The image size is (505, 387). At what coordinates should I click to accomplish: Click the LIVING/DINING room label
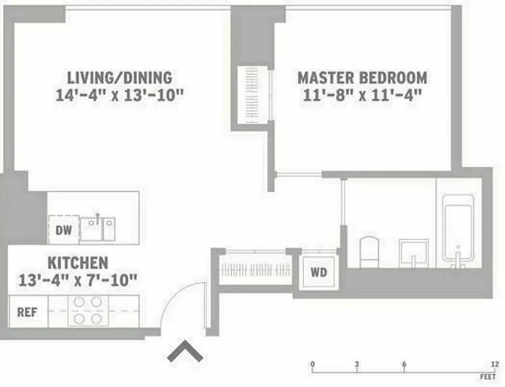click(119, 77)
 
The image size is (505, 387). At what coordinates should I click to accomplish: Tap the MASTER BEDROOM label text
click(362, 77)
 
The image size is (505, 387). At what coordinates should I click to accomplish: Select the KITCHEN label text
click(78, 263)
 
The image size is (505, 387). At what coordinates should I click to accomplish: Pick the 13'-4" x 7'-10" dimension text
click(78, 280)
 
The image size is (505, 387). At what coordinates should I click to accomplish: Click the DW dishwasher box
click(63, 230)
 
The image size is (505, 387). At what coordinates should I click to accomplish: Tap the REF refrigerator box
click(27, 312)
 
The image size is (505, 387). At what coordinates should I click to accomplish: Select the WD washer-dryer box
click(318, 272)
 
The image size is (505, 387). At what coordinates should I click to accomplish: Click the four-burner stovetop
click(88, 311)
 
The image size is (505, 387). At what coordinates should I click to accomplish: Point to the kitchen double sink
click(98, 228)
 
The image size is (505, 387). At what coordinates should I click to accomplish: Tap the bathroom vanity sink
click(413, 253)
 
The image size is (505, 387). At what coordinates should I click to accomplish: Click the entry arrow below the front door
click(185, 352)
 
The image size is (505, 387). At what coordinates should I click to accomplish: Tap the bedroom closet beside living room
click(252, 95)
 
